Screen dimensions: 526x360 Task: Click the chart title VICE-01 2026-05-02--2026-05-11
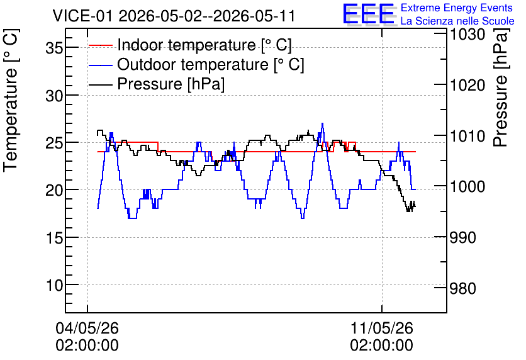tap(174, 16)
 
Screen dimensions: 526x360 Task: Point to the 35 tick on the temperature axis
tap(54, 48)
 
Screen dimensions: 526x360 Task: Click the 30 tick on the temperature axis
tap(54, 96)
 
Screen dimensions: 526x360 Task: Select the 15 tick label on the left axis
tap(54, 238)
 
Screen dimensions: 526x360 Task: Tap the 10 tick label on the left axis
tap(54, 286)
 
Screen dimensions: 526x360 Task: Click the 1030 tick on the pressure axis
tap(467, 34)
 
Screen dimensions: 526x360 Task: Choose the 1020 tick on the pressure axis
tap(467, 85)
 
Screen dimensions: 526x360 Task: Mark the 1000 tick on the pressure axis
tap(467, 186)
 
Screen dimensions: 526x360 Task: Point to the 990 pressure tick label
tap(463, 237)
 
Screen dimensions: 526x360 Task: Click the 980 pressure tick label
tap(463, 288)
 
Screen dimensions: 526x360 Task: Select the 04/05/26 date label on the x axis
tap(87, 328)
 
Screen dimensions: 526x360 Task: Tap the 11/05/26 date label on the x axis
tap(382, 328)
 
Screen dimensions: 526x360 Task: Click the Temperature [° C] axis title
tap(11, 100)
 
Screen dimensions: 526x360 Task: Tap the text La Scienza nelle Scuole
tap(457, 21)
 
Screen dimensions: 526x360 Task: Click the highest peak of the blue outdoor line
tap(322, 123)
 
